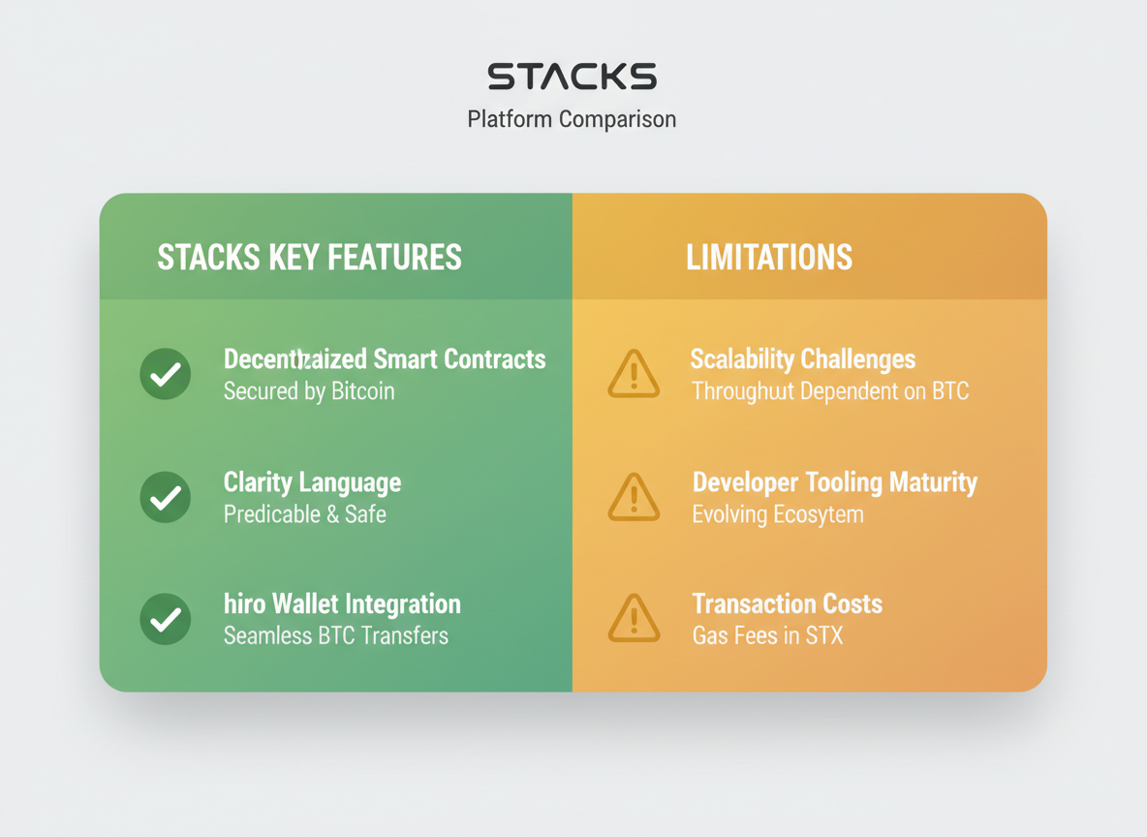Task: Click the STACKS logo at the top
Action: point(572,77)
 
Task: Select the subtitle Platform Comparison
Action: point(572,119)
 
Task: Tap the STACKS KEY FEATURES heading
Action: point(309,258)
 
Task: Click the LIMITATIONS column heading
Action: point(769,258)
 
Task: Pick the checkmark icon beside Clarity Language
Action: point(166,497)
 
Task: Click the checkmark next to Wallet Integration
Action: point(166,619)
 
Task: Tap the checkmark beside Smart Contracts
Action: point(166,374)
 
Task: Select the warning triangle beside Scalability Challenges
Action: point(634,375)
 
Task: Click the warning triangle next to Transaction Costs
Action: point(634,620)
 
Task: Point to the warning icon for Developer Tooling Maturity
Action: point(634,498)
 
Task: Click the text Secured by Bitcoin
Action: point(309,391)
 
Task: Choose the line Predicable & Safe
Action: point(304,514)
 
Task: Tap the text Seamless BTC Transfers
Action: point(335,636)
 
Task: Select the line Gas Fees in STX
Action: point(767,636)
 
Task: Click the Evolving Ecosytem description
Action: point(777,514)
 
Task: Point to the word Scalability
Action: point(742,359)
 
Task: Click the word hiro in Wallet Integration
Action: point(243,604)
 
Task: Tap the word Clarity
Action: point(259,482)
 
